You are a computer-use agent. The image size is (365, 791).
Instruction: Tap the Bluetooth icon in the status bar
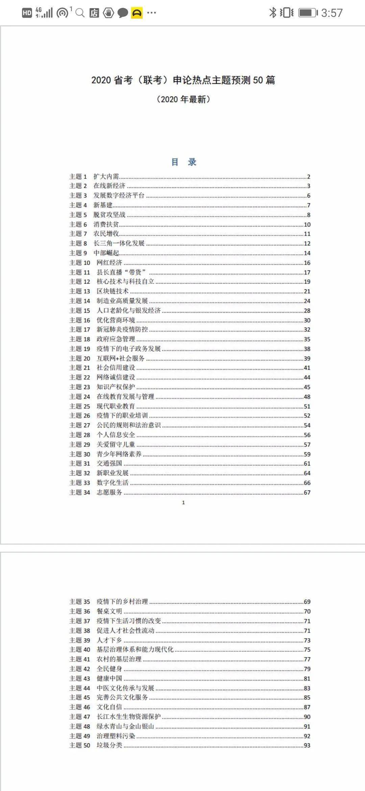click(272, 13)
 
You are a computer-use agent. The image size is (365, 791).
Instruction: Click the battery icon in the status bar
click(308, 13)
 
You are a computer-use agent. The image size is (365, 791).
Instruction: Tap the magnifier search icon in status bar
click(80, 13)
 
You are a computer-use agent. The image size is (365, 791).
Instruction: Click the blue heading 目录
click(184, 162)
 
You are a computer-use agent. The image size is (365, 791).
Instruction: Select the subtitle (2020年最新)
click(183, 99)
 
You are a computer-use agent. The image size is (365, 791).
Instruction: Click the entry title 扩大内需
click(106, 176)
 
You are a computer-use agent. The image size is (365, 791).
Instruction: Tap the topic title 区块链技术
click(113, 291)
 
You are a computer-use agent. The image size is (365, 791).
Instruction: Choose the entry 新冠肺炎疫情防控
click(122, 329)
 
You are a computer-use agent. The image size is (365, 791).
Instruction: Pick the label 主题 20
click(80, 358)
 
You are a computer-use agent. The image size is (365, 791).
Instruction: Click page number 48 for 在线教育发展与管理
click(307, 397)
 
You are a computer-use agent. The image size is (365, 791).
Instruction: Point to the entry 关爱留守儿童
click(116, 445)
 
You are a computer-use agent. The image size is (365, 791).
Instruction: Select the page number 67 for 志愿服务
click(307, 493)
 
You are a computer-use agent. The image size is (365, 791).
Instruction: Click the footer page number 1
click(184, 503)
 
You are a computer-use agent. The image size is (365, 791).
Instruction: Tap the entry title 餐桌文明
click(109, 611)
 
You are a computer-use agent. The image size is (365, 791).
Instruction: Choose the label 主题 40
click(80, 649)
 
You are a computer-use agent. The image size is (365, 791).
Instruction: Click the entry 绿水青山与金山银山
click(125, 726)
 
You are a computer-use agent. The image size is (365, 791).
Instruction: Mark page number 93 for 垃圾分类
click(307, 745)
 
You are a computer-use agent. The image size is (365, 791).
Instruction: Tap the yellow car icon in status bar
click(137, 13)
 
